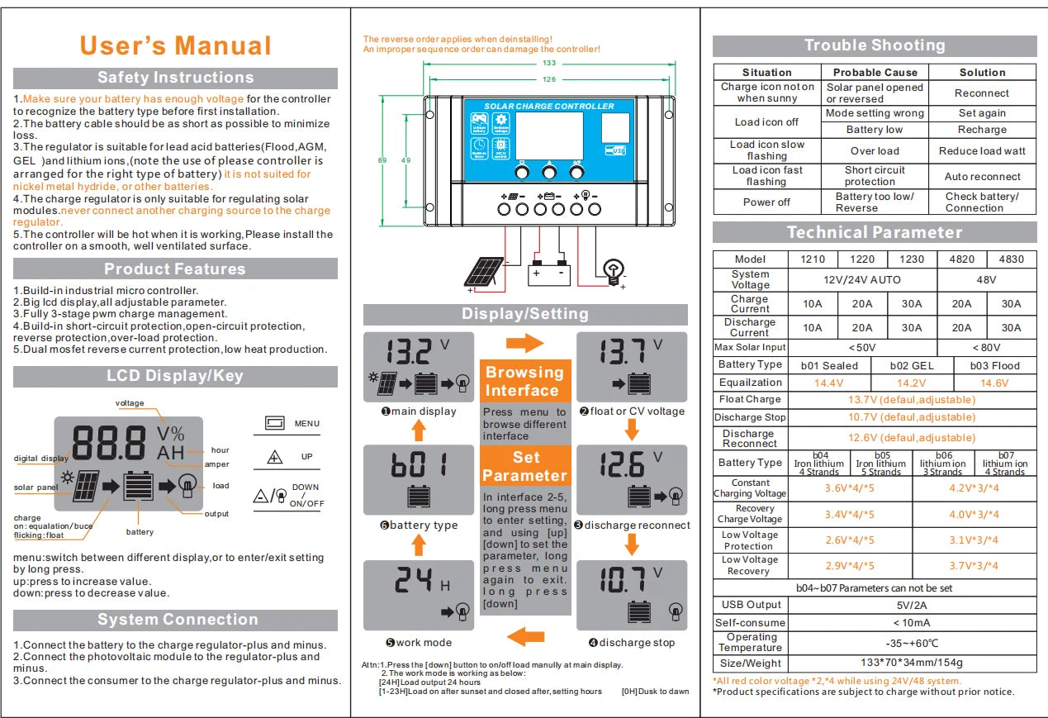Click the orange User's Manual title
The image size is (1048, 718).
[175, 45]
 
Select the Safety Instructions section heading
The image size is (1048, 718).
[175, 78]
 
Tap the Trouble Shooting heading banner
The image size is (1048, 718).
[875, 45]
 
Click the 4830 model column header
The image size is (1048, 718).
[1011, 259]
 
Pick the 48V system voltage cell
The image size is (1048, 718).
[986, 279]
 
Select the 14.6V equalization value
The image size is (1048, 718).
[993, 383]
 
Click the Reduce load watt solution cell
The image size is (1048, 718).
[982, 151]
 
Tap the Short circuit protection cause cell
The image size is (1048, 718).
[875, 176]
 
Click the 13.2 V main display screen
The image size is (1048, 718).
[419, 367]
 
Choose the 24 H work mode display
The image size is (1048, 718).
[419, 595]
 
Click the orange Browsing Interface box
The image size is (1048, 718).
[525, 381]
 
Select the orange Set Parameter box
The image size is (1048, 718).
[525, 466]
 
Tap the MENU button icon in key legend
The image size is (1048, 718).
[275, 424]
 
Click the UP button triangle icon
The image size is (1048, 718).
[275, 457]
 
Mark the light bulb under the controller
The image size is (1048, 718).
[613, 270]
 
